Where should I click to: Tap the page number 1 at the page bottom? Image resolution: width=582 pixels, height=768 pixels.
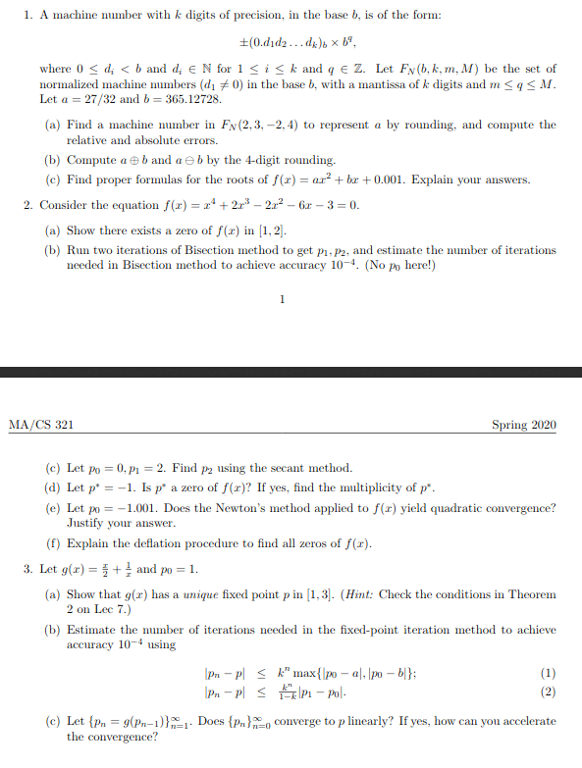coord(282,299)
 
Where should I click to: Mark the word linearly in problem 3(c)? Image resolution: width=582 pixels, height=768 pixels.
coord(373,722)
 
